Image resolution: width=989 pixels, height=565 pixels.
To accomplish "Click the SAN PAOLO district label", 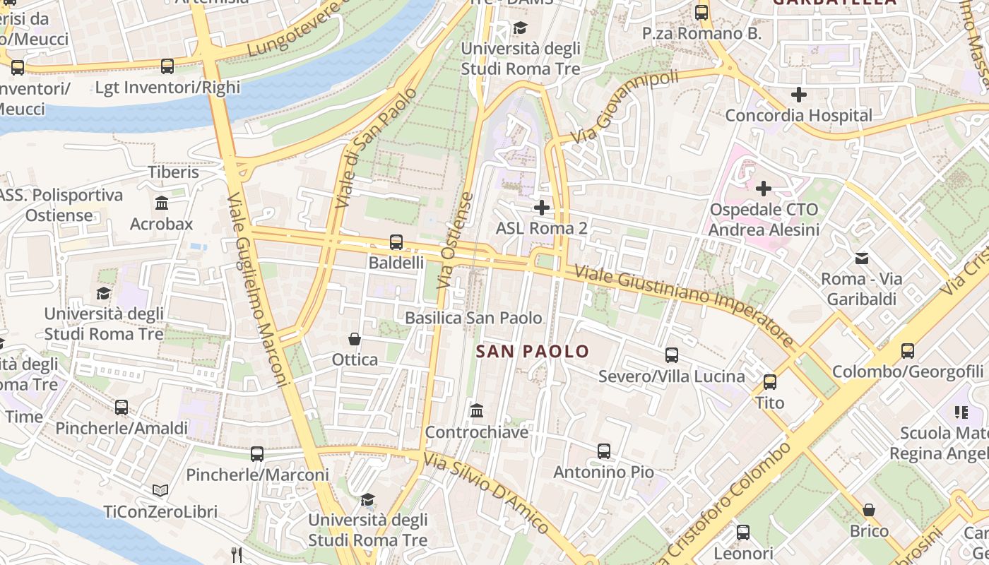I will coord(533,351).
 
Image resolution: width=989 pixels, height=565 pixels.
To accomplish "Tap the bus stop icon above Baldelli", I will coord(396,242).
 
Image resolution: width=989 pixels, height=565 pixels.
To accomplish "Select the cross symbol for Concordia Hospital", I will coord(799,95).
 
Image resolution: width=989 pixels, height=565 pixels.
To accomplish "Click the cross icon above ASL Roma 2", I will coord(542,208).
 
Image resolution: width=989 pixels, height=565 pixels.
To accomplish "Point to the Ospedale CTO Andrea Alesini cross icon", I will coord(764,189).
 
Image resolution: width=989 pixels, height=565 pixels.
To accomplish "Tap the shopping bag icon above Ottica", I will coord(355,340).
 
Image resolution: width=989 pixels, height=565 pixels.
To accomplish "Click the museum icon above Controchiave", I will coord(477,411).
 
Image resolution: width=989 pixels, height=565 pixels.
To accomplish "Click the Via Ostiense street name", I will coord(455,240).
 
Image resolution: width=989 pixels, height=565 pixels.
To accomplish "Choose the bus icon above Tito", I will coord(770,382).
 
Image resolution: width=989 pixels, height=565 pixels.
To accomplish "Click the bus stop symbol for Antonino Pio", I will coord(603,451).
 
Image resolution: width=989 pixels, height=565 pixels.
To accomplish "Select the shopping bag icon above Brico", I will coord(869,510).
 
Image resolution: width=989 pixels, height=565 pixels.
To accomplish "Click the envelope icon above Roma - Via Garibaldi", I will coord(862,258).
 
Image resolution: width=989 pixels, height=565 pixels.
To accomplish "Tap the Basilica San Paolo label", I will coord(473,318).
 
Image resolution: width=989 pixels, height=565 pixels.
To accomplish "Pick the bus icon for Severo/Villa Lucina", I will coord(672,355).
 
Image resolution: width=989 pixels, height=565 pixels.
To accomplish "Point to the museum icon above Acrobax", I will coord(161,203).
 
